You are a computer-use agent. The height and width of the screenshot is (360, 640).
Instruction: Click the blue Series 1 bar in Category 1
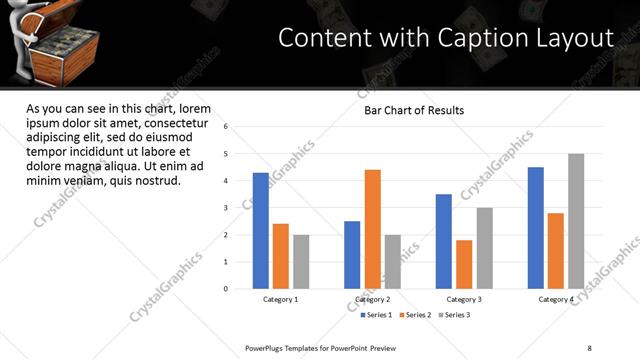[x=261, y=231]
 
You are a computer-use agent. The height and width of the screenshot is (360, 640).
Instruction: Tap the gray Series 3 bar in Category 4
[x=576, y=221]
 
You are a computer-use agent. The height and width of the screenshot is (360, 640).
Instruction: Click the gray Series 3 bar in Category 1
[x=301, y=262]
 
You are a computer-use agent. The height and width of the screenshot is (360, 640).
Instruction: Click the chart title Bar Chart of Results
[x=413, y=110]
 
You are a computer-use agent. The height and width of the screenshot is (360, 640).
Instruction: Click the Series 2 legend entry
[x=417, y=315]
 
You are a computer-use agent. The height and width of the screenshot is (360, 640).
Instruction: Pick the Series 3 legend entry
[x=453, y=315]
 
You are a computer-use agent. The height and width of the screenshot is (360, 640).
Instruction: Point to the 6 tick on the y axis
[x=227, y=127]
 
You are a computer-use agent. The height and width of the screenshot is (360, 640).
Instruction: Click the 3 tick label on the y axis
[x=227, y=208]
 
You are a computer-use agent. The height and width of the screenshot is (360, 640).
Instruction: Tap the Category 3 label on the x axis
[x=464, y=299]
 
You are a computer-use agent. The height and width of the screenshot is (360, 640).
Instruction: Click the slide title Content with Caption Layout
[x=445, y=38]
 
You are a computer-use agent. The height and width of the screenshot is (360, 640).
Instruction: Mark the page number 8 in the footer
[x=589, y=348]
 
